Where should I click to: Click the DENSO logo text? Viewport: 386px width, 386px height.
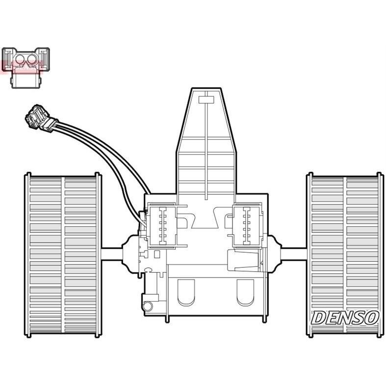pyautogui.click(x=345, y=318)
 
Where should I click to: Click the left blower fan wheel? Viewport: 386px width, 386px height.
pyautogui.click(x=63, y=254)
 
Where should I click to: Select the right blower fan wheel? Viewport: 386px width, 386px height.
pyautogui.click(x=345, y=254)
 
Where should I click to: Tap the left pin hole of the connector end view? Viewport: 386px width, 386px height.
pyautogui.click(x=20, y=60)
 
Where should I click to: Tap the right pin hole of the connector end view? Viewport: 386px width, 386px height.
pyautogui.click(x=33, y=60)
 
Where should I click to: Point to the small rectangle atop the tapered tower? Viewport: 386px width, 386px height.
pyautogui.click(x=206, y=100)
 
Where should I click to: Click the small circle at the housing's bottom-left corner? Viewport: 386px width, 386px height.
pyautogui.click(x=147, y=306)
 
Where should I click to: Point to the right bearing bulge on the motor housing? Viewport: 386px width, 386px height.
pyautogui.click(x=274, y=254)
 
